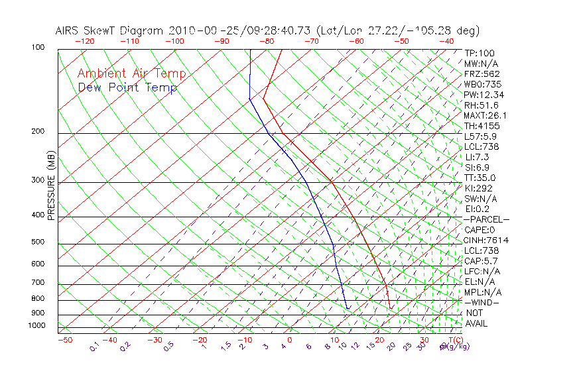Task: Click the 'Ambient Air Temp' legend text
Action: click(131, 74)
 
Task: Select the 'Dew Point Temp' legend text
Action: click(127, 87)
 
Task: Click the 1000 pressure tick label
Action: click(37, 325)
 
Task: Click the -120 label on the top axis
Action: click(85, 41)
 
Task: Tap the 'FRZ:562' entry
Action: click(482, 74)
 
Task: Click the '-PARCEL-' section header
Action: click(486, 219)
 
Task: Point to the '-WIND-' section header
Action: click(482, 302)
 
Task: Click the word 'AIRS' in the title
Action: click(68, 30)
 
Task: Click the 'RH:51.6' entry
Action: click(481, 105)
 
